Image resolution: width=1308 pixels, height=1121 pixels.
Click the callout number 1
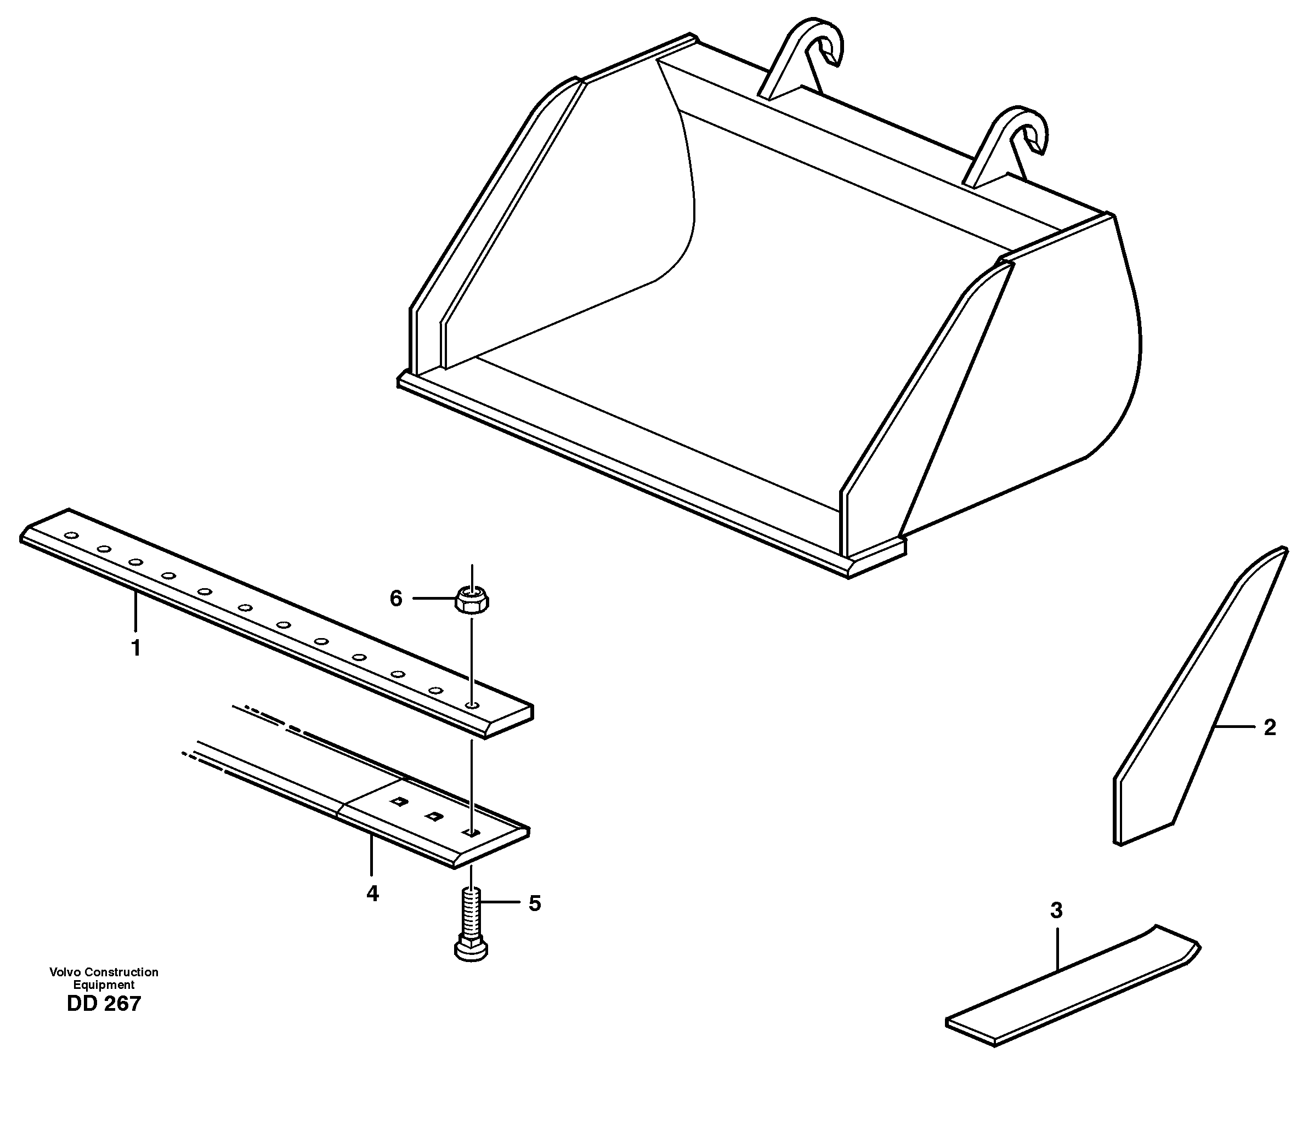coord(135,648)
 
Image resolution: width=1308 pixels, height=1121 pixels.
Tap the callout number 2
coord(1270,727)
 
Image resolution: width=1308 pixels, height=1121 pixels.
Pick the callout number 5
coord(534,903)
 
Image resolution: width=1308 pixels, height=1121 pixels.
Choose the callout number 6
coord(396,598)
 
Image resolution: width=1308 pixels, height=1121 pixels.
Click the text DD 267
coord(104,1004)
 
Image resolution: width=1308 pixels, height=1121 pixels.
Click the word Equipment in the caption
coord(104,985)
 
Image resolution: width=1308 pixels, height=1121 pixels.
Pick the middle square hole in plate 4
coord(433,817)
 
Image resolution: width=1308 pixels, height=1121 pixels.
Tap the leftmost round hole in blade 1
coord(72,536)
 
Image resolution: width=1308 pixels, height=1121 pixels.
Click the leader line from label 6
coord(434,598)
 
